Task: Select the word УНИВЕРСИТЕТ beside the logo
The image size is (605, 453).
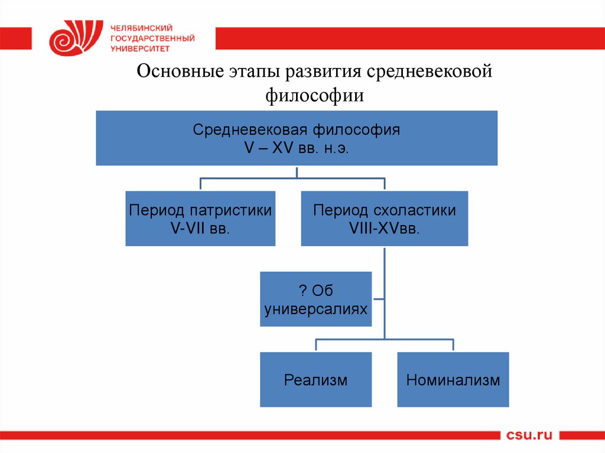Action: (x=139, y=48)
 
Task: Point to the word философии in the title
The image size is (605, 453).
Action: (x=314, y=94)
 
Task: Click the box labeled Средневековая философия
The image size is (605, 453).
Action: (x=297, y=138)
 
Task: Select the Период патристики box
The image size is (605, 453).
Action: (x=200, y=218)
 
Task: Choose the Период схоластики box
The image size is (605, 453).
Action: (x=384, y=218)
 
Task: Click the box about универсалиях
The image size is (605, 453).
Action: (x=315, y=299)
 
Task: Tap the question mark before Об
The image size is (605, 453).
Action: (x=301, y=291)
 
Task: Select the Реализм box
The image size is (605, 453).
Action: (x=315, y=379)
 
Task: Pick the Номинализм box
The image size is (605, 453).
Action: (x=453, y=379)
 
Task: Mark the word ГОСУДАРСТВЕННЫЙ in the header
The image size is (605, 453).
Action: (x=152, y=38)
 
